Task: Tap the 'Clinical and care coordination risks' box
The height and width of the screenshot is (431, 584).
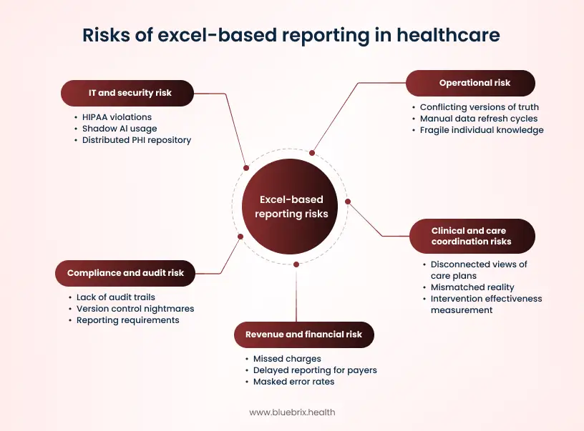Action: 471,236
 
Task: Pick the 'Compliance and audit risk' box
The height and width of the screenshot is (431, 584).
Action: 125,273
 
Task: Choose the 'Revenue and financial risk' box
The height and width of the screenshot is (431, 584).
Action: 303,335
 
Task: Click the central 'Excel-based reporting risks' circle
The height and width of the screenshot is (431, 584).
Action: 291,207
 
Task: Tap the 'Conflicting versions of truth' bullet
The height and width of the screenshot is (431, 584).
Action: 480,107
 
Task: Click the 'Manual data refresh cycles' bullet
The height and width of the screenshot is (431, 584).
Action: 479,119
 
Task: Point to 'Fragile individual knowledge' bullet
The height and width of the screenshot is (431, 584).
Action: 482,130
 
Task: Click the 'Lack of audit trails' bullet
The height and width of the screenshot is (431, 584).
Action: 116,297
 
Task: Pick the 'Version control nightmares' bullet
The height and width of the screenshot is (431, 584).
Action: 135,309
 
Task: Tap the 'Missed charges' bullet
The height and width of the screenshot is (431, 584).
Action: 287,359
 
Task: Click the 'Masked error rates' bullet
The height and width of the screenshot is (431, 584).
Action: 293,382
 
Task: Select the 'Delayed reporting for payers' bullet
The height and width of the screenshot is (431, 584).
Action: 315,370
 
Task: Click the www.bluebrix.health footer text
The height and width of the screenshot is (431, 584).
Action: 291,412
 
